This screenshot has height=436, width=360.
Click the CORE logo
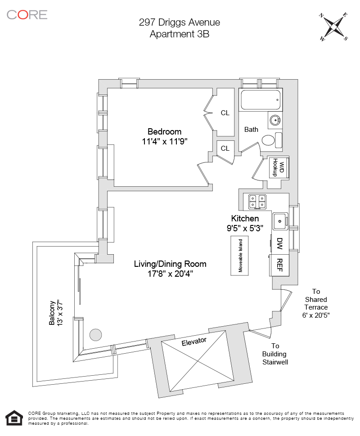coord(27,14)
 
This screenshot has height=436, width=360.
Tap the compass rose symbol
coord(333,26)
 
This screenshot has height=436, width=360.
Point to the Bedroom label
coord(164,132)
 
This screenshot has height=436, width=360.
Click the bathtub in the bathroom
coord(261,100)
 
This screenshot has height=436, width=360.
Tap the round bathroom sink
coord(275,120)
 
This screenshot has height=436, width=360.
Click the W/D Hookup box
coord(278,167)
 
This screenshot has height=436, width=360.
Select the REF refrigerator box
coord(279,264)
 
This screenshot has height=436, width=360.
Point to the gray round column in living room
coord(95,334)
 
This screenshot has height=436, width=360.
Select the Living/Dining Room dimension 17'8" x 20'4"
coord(170,273)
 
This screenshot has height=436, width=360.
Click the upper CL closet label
coord(225,113)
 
